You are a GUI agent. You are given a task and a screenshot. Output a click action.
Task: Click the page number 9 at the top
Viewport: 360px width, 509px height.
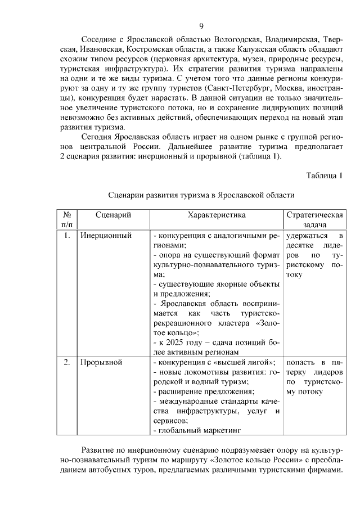tap(201, 26)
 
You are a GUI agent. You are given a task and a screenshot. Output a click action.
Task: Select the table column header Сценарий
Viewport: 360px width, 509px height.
tap(113, 215)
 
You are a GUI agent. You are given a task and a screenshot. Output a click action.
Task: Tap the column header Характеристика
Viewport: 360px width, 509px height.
tap(217, 215)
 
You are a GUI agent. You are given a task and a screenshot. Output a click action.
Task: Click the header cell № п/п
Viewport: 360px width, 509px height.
tap(66, 220)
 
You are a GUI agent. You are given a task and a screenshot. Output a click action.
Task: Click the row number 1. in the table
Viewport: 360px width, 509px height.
tap(66, 236)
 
